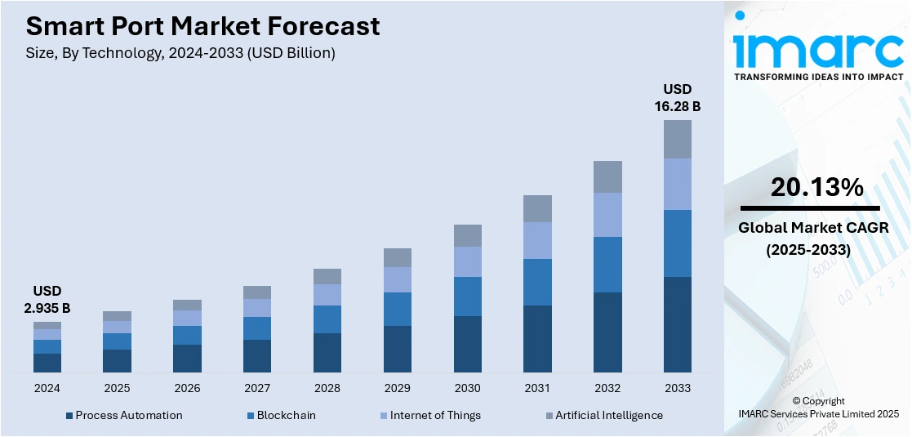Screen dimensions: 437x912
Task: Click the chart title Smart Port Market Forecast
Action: [202, 26]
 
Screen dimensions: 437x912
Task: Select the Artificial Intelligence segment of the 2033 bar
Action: [677, 140]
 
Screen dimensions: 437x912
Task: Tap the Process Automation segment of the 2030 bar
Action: [467, 344]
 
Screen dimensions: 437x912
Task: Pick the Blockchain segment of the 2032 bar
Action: [607, 264]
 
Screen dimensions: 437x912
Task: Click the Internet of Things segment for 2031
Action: [537, 240]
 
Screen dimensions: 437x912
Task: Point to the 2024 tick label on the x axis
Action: [47, 387]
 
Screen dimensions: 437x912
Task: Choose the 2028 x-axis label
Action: [327, 387]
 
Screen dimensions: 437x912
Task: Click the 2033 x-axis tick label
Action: [677, 387]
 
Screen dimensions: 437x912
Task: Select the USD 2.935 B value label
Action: [47, 300]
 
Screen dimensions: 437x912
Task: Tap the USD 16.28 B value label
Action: [677, 97]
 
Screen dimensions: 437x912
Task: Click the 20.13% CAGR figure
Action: [816, 188]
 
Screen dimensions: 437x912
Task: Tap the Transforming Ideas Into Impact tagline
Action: [818, 77]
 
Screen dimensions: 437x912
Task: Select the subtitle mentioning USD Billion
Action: [180, 53]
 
